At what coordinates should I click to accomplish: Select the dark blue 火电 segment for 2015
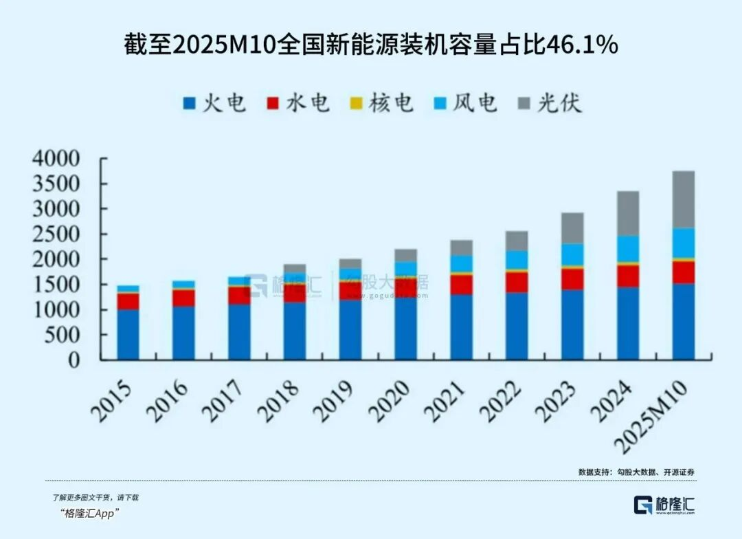pyautogui.click(x=128, y=334)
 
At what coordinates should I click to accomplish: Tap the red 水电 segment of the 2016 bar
pyautogui.click(x=183, y=298)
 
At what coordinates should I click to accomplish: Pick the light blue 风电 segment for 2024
pyautogui.click(x=628, y=249)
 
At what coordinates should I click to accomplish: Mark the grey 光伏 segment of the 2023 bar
pyautogui.click(x=572, y=228)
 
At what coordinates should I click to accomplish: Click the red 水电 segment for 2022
pyautogui.click(x=517, y=282)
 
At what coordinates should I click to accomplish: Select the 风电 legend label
pyautogui.click(x=477, y=103)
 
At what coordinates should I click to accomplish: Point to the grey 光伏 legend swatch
pyautogui.click(x=524, y=104)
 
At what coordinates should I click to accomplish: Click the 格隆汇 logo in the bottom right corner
pyautogui.click(x=664, y=504)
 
